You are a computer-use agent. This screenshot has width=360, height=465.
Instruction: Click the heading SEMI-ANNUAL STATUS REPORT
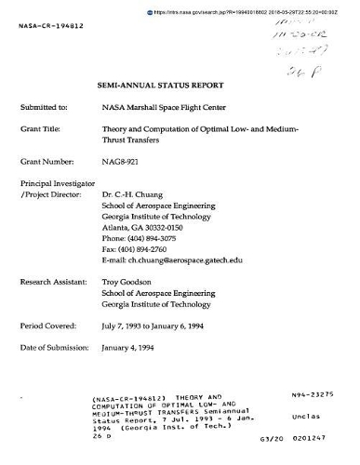click(x=180, y=84)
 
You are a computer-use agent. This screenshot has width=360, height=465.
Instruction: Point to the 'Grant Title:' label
click(x=41, y=129)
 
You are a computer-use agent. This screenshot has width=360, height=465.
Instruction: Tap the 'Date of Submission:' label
click(x=54, y=348)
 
